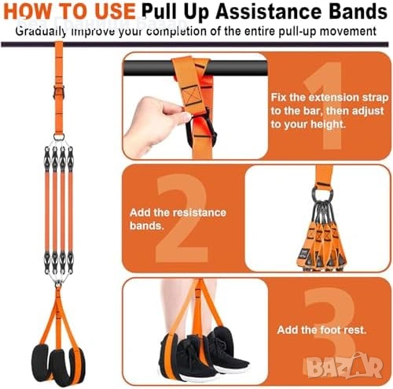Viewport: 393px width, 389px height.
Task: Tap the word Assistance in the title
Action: tap(269, 11)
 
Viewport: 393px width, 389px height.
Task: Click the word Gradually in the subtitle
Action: tap(41, 31)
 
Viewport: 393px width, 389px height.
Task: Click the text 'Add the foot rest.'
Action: tap(321, 330)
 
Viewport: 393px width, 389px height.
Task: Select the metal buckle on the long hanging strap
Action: tap(59, 91)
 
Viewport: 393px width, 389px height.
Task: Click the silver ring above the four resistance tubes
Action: tap(59, 137)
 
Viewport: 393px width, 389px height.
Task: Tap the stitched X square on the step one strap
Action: tap(192, 95)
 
